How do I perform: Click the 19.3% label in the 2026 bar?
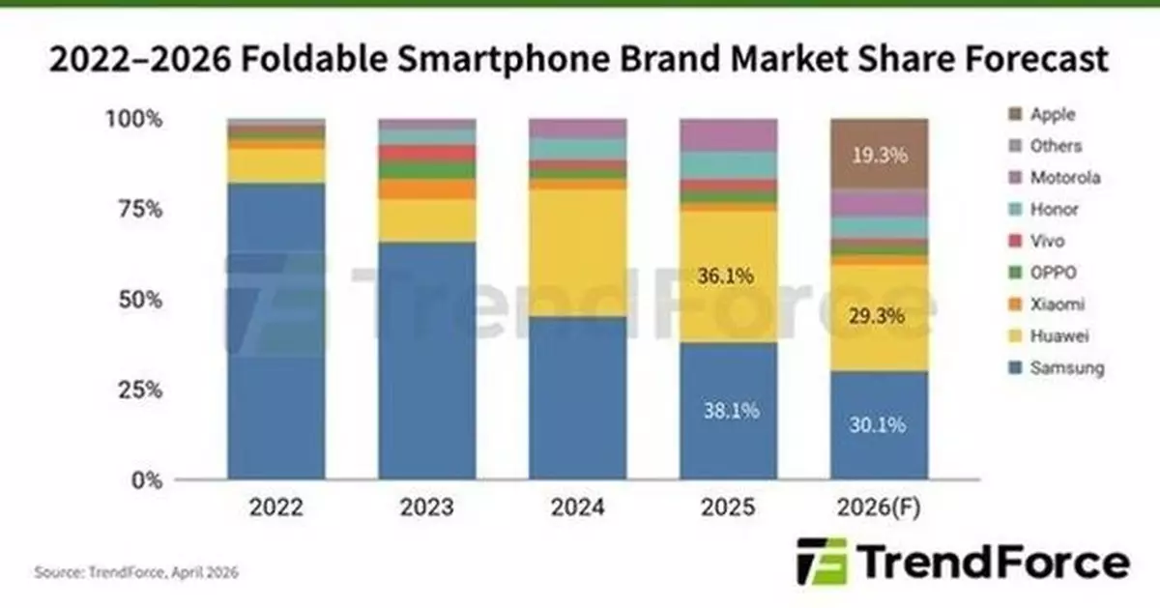(x=879, y=154)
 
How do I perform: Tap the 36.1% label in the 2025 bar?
(x=728, y=276)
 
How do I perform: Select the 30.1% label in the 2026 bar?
(x=879, y=425)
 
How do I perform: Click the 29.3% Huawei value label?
(x=879, y=316)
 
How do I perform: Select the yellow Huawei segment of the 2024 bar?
(x=577, y=251)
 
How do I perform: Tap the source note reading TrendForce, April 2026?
(x=135, y=573)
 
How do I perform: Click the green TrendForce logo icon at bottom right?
(x=821, y=562)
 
